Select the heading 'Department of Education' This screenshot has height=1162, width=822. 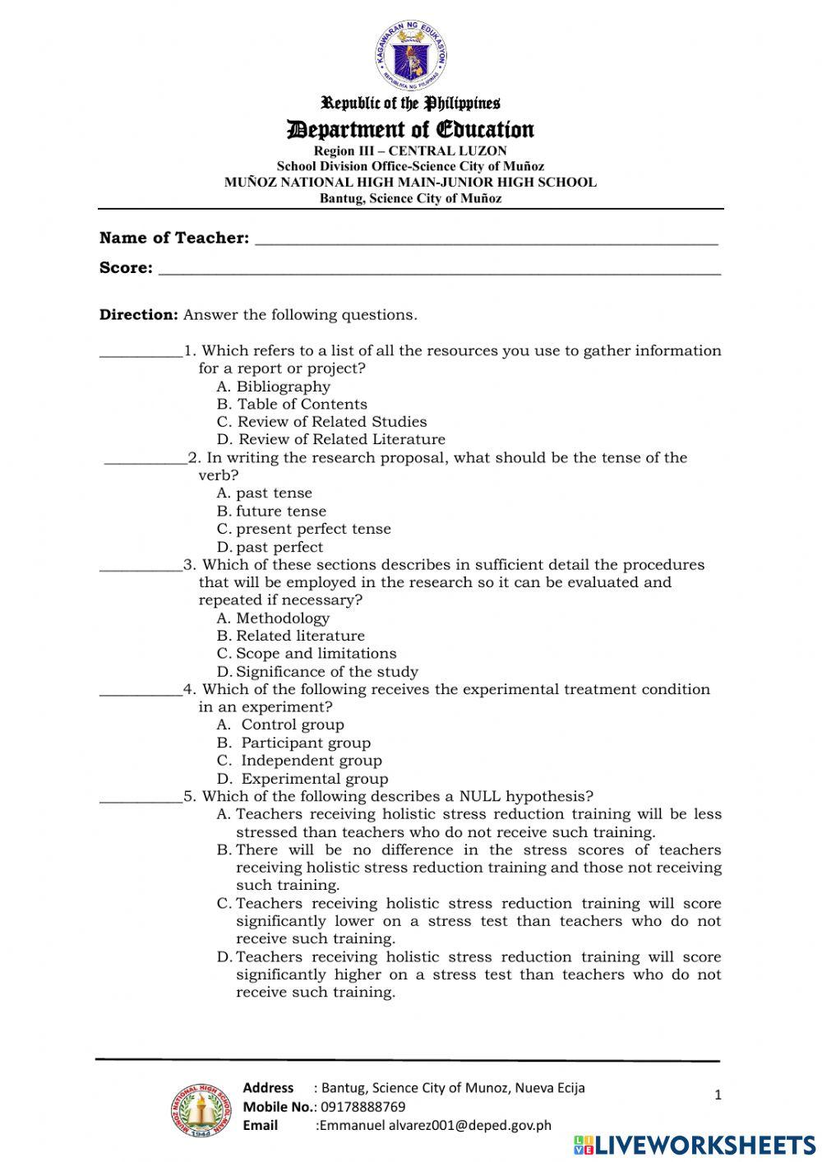(x=410, y=129)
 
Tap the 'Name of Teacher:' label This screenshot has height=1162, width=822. (x=174, y=238)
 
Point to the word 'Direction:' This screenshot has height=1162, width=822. (x=138, y=315)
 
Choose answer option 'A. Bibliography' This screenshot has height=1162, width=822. (x=274, y=387)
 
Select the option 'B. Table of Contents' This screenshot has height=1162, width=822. (x=292, y=405)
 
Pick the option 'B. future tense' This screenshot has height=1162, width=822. (x=271, y=512)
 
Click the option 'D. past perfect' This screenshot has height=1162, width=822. (x=270, y=548)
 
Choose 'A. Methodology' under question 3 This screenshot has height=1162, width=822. (x=273, y=618)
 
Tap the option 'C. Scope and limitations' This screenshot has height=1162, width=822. (x=307, y=654)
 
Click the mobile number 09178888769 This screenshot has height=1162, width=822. (x=363, y=1107)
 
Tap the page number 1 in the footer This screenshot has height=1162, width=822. (x=718, y=1095)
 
